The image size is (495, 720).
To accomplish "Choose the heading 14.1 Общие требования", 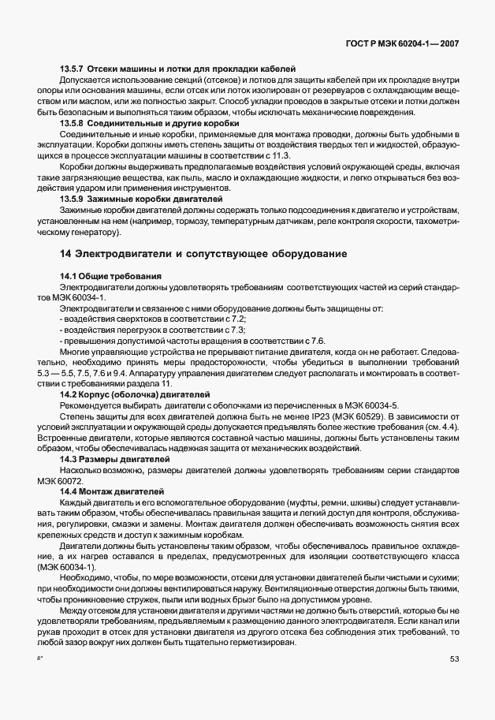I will [x=111, y=276].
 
